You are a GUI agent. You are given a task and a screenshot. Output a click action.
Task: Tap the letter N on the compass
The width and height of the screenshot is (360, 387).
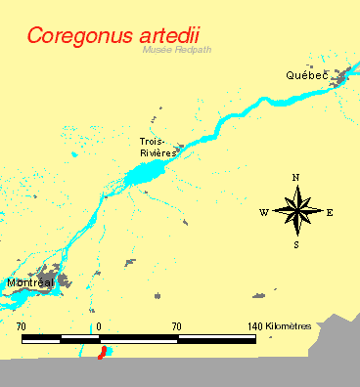pyautogui.click(x=295, y=177)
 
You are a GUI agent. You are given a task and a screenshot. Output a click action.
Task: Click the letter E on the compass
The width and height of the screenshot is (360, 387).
pyautogui.click(x=330, y=212)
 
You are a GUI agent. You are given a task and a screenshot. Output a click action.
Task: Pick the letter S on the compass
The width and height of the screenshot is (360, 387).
pyautogui.click(x=295, y=245)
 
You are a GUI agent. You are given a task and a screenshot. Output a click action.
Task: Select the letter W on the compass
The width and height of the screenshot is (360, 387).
pyautogui.click(x=263, y=212)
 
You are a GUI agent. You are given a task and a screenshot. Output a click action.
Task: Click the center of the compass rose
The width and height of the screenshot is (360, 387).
pyautogui.click(x=295, y=211)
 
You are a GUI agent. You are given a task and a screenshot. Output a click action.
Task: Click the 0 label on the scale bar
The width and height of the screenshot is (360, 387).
pyautogui.click(x=100, y=324)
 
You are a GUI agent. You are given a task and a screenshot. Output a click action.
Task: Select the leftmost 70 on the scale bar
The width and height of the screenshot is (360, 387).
pyautogui.click(x=22, y=324)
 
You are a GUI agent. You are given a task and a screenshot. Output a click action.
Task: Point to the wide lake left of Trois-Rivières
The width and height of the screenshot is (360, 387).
pyautogui.click(x=145, y=176)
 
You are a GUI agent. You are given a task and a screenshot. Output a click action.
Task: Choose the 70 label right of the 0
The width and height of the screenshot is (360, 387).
pyautogui.click(x=177, y=324)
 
